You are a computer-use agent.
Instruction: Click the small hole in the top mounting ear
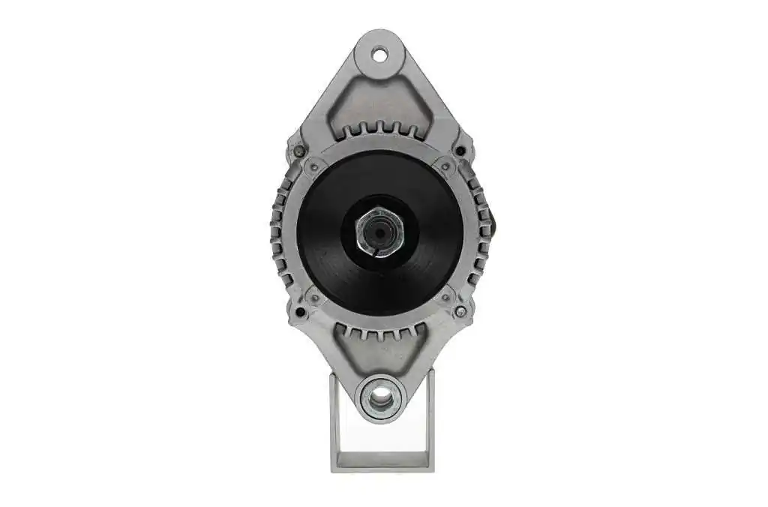[x=379, y=54]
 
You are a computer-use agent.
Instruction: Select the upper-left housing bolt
[x=299, y=151]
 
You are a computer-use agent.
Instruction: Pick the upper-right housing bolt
[x=460, y=151]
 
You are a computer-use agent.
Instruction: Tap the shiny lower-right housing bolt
[x=460, y=311]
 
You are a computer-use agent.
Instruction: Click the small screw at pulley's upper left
[x=315, y=167]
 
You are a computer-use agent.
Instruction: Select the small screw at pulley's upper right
[x=445, y=166]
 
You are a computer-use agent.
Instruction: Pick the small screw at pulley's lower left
[x=315, y=298]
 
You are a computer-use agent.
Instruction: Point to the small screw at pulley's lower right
[x=445, y=298]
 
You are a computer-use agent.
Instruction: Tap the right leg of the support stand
[x=430, y=420]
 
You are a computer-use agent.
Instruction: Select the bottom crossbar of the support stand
[x=382, y=462]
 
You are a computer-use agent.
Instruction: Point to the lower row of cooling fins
[x=379, y=331]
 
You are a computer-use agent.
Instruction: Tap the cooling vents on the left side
[x=279, y=232]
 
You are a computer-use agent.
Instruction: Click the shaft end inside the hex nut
[x=379, y=233]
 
